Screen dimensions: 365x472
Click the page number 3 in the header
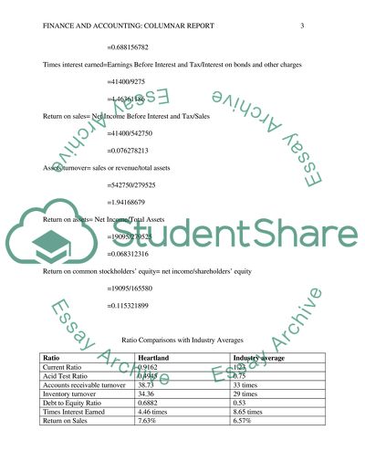click(x=302, y=26)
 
